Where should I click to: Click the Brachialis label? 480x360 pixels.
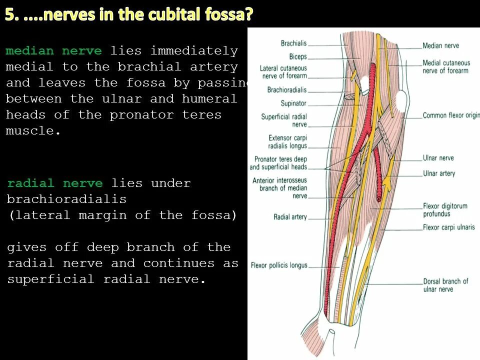coord(293,43)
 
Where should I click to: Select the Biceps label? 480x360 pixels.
coord(298,57)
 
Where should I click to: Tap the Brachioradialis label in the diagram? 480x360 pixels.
coord(287,90)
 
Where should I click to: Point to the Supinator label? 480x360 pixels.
coord(293,103)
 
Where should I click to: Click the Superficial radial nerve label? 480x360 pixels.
coord(284,120)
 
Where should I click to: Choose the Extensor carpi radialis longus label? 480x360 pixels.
coord(287,142)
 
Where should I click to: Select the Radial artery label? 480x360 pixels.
coord(290,217)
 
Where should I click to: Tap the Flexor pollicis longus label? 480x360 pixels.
coord(279,265)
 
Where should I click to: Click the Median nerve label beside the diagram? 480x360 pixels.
coord(440,46)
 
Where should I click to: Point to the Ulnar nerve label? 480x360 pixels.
coord(438,158)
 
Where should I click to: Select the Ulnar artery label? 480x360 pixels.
coord(439,173)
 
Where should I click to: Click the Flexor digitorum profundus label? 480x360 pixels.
coord(445,210)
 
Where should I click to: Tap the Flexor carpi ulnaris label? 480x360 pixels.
coord(448,227)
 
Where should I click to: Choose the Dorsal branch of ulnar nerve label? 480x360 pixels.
coord(445,285)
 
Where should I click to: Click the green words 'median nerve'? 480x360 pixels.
coord(53,51)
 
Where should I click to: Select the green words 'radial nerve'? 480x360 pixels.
coord(55,183)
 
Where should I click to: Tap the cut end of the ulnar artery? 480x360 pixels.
coord(379,198)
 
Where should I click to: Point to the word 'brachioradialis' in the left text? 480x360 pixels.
coord(66,199)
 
